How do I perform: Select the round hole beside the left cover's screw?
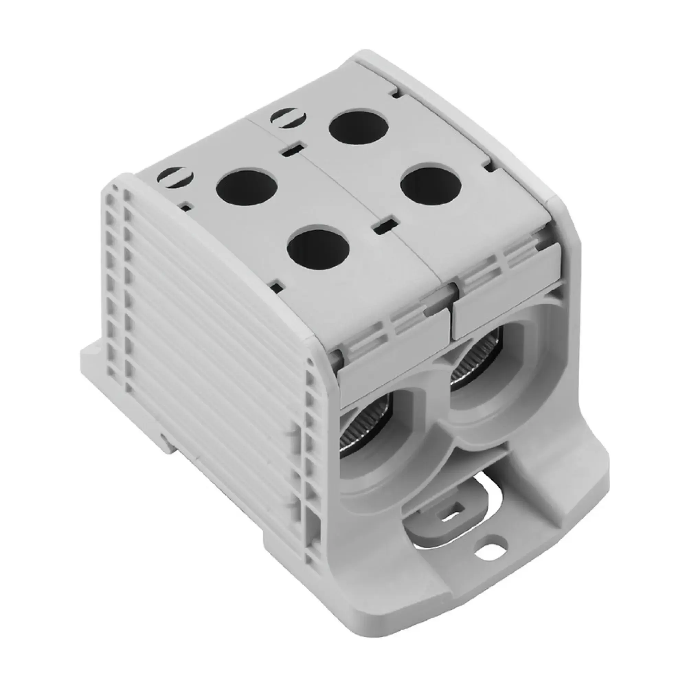pos(246,187)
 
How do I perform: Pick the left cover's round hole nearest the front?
pos(317,248)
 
